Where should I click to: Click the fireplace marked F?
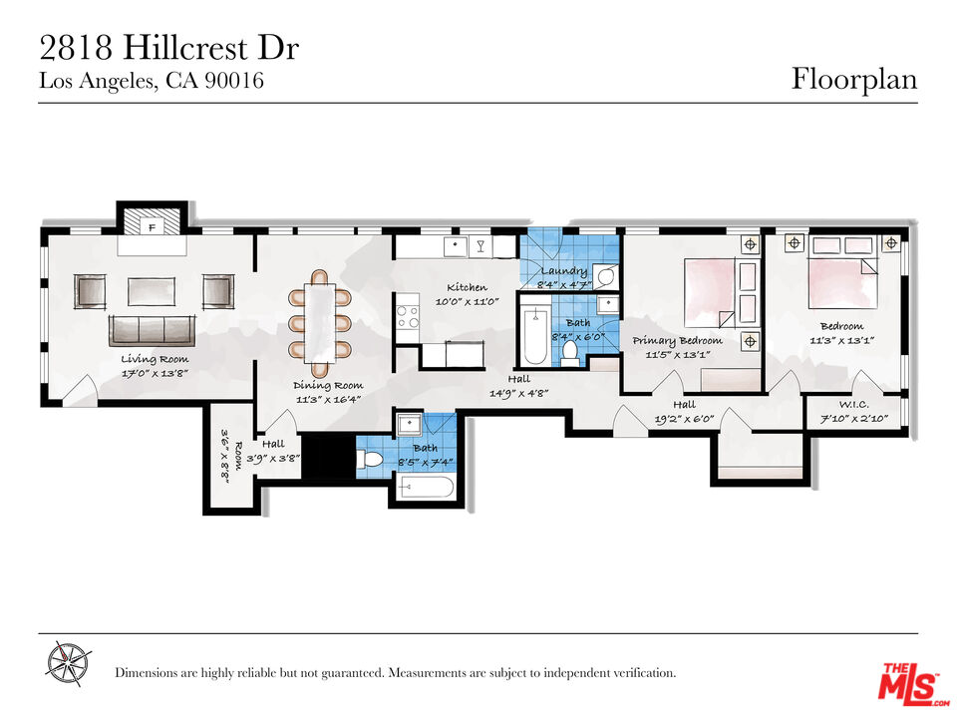pos(153,225)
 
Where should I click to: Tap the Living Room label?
pos(154,359)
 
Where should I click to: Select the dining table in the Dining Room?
pos(321,316)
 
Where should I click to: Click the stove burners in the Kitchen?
pos(408,317)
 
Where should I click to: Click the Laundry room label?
pos(564,271)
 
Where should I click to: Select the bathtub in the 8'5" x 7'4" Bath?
pos(426,488)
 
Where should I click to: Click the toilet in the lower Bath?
pos(372,460)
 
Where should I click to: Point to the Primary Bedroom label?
pos(678,341)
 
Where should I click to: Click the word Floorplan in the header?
pos(854,78)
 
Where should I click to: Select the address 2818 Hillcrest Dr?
pos(169,48)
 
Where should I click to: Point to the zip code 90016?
pos(234,82)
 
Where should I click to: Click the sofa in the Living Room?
pos(152,330)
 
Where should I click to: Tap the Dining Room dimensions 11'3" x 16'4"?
pos(328,399)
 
